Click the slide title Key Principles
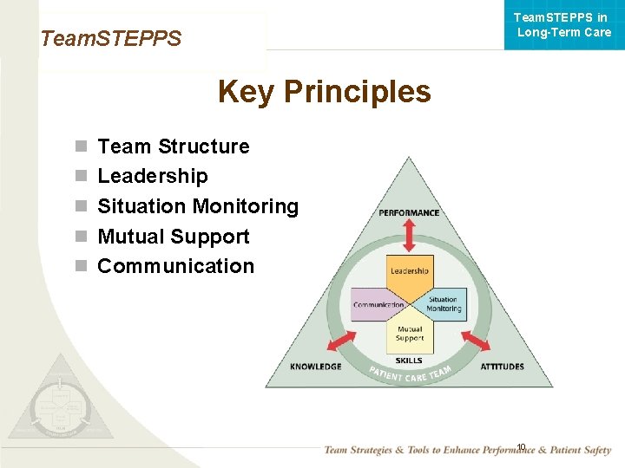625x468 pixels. tap(324, 91)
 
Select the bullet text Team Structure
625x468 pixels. tap(173, 146)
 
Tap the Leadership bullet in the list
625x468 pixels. tap(153, 176)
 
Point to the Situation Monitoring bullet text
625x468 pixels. tap(198, 206)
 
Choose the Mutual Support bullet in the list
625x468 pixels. tap(174, 237)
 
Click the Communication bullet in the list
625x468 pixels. tap(175, 266)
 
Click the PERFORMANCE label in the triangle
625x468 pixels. tap(409, 213)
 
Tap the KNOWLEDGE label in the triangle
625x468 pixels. tap(315, 367)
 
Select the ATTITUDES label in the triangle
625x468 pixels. tap(502, 367)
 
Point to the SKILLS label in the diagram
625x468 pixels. tap(409, 361)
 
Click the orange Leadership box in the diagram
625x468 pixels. tap(409, 271)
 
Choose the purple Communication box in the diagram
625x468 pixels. tap(378, 305)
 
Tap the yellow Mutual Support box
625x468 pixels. tap(409, 334)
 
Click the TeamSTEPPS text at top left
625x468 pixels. tap(111, 38)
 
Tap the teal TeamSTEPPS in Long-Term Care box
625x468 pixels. tap(563, 24)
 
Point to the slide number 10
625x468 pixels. tap(521, 447)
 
